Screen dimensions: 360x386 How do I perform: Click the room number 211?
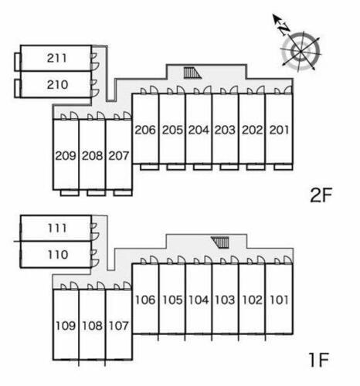pos(57,58)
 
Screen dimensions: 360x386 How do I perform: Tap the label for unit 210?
pos(57,84)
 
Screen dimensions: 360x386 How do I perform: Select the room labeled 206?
pos(145,130)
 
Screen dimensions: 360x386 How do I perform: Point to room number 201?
pos(279,130)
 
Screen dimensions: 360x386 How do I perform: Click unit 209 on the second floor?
pos(66,156)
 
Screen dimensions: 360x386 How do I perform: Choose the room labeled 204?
pos(199,130)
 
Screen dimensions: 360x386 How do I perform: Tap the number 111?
pos(57,229)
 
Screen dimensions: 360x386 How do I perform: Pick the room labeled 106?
pos(145,300)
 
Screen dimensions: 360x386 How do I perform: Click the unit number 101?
pos(279,300)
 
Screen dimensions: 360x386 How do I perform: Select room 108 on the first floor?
pos(92,326)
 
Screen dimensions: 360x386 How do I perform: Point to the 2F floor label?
pos(321,195)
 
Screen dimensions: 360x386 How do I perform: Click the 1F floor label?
pos(319,360)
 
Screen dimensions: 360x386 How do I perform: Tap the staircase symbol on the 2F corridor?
pos(192,73)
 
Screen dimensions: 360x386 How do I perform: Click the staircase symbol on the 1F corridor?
pos(220,242)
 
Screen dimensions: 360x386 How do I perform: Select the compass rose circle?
pos(301,52)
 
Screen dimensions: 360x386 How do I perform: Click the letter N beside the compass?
pos(284,29)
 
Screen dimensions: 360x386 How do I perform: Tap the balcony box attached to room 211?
pos(17,62)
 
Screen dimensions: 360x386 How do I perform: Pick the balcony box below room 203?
pos(229,167)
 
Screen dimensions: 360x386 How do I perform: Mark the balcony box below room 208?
pos(96,193)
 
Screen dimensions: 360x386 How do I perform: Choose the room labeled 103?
pos(225,300)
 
